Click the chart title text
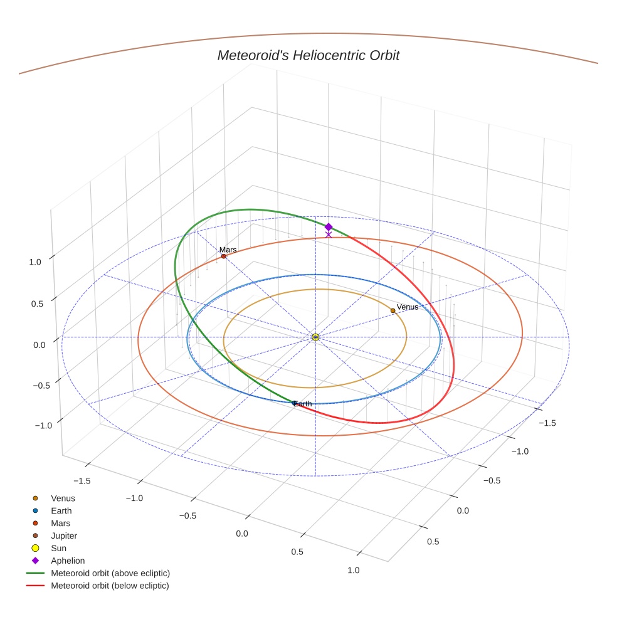(x=308, y=55)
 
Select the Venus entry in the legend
(x=63, y=498)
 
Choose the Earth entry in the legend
(x=61, y=511)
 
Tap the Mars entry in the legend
(x=60, y=523)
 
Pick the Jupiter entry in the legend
(x=63, y=535)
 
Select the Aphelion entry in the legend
(x=67, y=561)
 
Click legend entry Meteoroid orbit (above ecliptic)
(x=110, y=573)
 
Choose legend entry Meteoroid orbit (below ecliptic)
(x=110, y=586)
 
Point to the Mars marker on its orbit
(x=224, y=256)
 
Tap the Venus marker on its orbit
(x=393, y=310)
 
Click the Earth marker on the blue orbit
(x=295, y=403)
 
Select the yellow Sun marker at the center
(x=315, y=337)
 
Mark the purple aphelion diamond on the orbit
(x=328, y=227)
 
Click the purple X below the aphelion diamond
(x=328, y=235)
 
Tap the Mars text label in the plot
(x=228, y=250)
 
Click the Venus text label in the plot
(x=408, y=307)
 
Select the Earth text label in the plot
(x=303, y=404)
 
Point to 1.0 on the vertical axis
(x=34, y=262)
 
